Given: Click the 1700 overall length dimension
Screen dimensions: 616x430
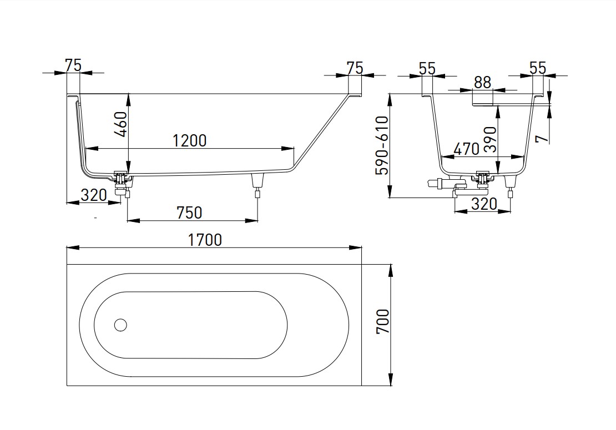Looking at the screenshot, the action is (x=205, y=240).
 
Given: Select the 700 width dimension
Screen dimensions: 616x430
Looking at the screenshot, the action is (x=383, y=321).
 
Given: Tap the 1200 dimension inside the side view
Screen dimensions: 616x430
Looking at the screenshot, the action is (x=189, y=140).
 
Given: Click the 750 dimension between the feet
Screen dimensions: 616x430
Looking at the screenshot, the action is (x=189, y=213).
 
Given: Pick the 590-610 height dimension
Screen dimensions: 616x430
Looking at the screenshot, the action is (x=382, y=145).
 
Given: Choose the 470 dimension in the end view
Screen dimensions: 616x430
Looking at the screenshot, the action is (x=466, y=149).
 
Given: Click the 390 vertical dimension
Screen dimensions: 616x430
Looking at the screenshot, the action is (x=490, y=139).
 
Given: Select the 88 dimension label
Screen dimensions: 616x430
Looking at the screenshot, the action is (x=482, y=83).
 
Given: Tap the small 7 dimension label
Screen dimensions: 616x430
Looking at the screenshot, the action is (x=542, y=138).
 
